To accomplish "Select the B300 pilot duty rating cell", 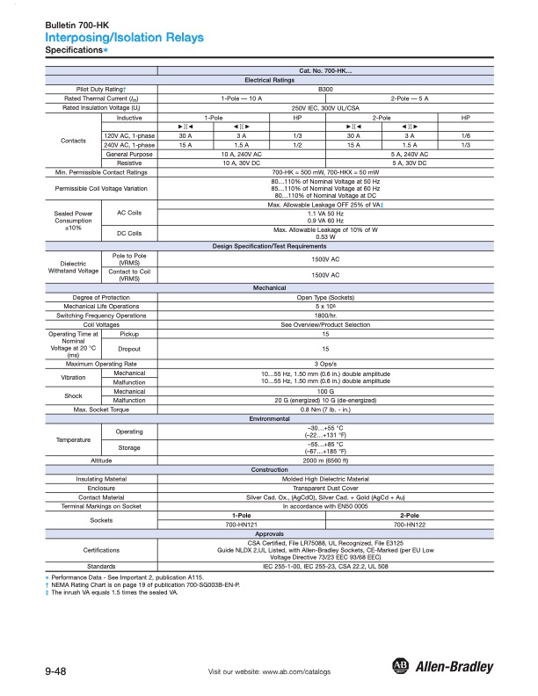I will (x=324, y=89).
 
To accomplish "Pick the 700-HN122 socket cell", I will (x=409, y=524).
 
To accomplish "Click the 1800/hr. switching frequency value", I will (x=324, y=315).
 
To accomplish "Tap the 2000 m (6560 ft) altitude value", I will (x=324, y=460).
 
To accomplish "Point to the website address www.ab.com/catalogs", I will (x=269, y=671).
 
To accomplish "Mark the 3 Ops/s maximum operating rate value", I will (x=324, y=364).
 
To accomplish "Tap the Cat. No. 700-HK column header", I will (x=324, y=69).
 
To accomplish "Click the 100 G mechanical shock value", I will (x=324, y=390).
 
